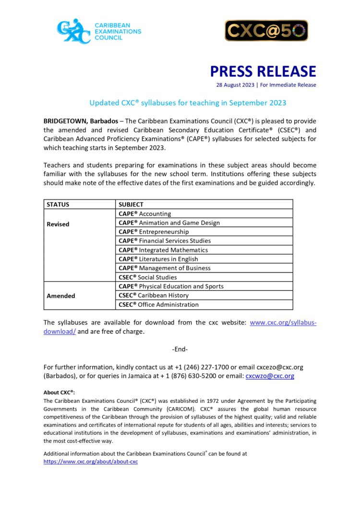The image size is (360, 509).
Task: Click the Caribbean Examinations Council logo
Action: (x=99, y=31)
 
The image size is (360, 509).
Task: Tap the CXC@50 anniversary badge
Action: (x=266, y=31)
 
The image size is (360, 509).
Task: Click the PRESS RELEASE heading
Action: (x=263, y=71)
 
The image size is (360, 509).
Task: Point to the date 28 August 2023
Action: (x=234, y=85)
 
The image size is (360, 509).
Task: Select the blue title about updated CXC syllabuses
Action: (x=188, y=103)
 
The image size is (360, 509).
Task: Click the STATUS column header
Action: (x=58, y=204)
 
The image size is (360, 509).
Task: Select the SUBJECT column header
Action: (x=131, y=204)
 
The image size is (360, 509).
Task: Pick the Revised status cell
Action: (x=58, y=224)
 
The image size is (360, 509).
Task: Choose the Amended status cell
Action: (x=61, y=296)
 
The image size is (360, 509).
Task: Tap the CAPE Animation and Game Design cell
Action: (x=169, y=223)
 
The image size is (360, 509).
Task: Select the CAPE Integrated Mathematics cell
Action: (x=163, y=250)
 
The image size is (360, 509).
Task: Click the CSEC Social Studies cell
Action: (x=148, y=277)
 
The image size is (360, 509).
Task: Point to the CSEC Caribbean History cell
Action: (x=154, y=296)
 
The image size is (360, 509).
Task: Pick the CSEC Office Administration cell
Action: (x=158, y=305)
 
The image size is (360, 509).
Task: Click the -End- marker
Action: (x=180, y=349)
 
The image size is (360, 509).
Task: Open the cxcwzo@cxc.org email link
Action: (x=270, y=376)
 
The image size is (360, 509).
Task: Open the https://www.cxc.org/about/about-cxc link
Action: (x=91, y=462)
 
